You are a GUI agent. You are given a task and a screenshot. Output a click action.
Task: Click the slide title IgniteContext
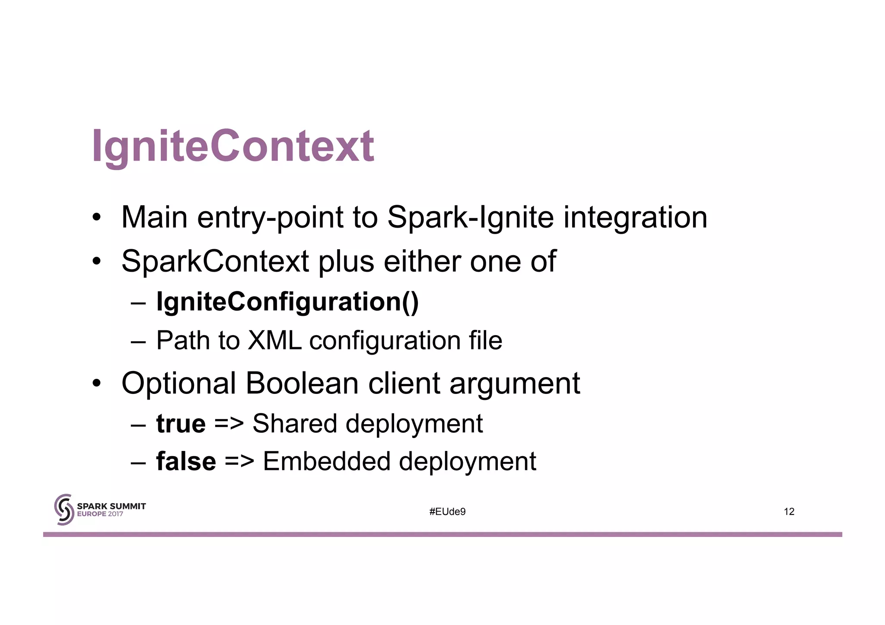tap(233, 147)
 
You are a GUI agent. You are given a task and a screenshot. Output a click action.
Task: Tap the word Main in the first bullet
tap(154, 217)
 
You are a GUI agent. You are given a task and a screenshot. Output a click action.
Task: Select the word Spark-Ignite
tap(470, 217)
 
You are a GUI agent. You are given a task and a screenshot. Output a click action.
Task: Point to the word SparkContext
tap(215, 261)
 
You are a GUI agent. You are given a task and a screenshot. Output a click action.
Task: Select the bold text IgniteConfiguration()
tap(287, 301)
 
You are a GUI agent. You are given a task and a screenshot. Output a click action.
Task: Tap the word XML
tap(274, 340)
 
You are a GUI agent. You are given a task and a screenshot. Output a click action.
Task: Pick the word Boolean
tap(302, 383)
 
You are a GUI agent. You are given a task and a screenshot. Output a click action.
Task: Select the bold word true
tap(181, 424)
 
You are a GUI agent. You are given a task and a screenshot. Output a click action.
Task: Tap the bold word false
tap(186, 461)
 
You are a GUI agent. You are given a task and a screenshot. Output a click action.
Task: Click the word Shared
tap(294, 424)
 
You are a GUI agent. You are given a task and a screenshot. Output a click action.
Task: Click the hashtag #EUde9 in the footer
tap(447, 512)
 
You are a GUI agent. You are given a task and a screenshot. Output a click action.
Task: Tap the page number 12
tap(789, 512)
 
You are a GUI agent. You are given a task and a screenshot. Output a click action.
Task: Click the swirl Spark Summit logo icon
tap(64, 510)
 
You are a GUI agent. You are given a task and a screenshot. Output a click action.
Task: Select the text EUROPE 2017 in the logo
tap(100, 514)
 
